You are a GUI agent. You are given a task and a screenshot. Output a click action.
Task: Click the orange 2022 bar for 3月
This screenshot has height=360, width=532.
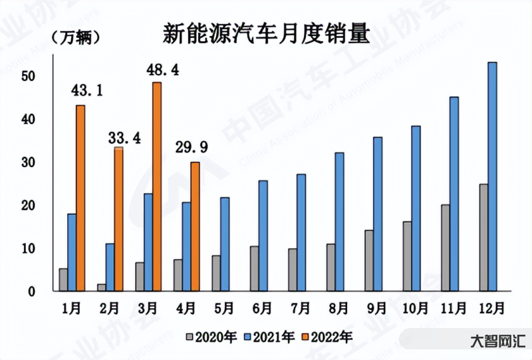coord(156,186)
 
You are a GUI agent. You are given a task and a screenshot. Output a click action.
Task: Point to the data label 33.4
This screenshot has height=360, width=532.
coord(122,138)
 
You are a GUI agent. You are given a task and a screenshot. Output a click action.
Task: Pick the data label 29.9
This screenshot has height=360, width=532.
coord(192,147)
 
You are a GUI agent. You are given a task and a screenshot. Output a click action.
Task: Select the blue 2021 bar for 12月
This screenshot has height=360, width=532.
coord(492,176)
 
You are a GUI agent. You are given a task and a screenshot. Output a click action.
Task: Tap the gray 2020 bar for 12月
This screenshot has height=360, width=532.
coord(483,238)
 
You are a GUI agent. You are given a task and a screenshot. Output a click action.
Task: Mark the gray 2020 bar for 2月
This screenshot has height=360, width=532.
coord(101,287)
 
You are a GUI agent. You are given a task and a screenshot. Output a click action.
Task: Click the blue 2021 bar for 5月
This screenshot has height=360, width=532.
coord(225,244)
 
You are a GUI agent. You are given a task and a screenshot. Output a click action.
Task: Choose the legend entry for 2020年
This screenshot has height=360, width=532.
coord(207,337)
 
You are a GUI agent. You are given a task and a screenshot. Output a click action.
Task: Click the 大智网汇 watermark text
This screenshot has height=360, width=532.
coord(495,342)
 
